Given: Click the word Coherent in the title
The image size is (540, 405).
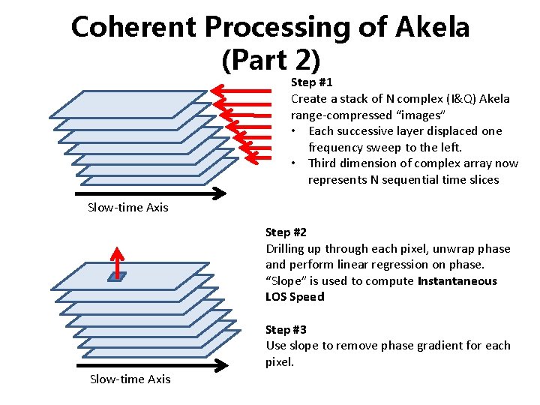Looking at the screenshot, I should pyautogui.click(x=133, y=28).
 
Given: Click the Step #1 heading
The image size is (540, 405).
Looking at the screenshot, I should pyautogui.click(x=311, y=82).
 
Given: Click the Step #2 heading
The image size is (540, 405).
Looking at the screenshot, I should pyautogui.click(x=286, y=232).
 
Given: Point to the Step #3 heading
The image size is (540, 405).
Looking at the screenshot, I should pyautogui.click(x=286, y=329).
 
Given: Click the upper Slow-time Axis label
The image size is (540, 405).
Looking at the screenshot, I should pyautogui.click(x=127, y=207).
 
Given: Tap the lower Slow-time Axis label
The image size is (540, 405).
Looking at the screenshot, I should pyautogui.click(x=130, y=379).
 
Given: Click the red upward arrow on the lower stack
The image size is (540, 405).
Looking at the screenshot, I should pyautogui.click(x=117, y=259).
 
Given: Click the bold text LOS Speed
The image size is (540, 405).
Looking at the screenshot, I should pyautogui.click(x=295, y=297).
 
